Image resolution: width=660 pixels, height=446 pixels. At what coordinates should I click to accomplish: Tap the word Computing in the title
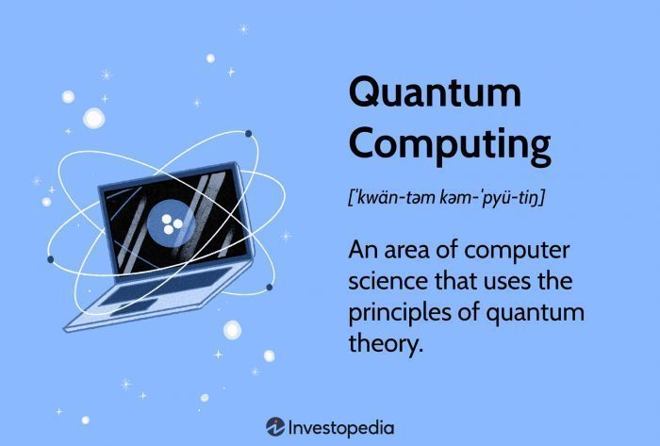pos(450,144)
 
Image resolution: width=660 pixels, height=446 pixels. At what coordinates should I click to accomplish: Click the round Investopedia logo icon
pos(275,426)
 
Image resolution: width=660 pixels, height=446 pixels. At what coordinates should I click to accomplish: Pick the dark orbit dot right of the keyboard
pos(270,288)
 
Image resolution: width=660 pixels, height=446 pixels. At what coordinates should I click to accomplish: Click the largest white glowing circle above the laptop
pos(93,118)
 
